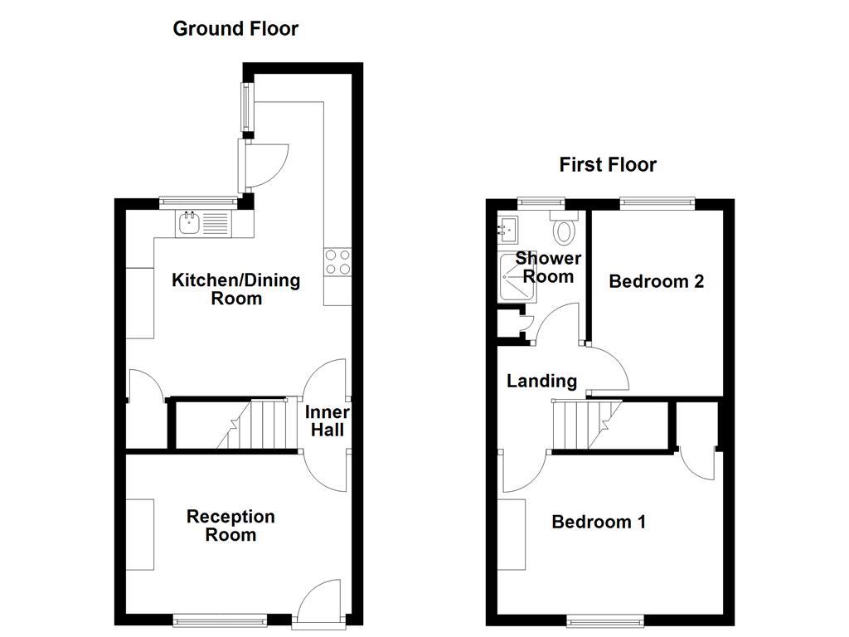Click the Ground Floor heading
pos(235,29)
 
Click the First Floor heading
pos(607,164)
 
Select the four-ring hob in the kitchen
pos(337,262)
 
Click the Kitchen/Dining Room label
pos(235,289)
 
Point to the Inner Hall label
pos(327,421)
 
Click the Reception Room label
pos(230,526)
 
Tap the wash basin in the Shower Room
pos(508,226)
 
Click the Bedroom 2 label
pos(656,281)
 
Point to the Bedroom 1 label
pos(598,522)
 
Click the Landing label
pos(541,381)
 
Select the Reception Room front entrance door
pos(320,601)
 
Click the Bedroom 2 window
pos(657,202)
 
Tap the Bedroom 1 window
pos(604,619)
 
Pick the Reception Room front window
pos(220,619)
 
